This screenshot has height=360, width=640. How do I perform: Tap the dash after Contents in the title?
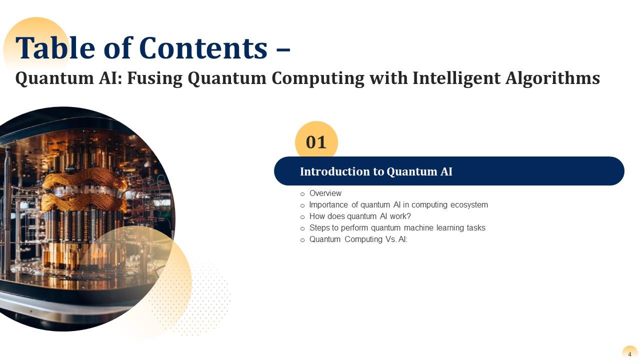(283, 49)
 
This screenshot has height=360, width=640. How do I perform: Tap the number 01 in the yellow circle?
(316, 142)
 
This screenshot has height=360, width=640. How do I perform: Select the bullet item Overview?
(325, 193)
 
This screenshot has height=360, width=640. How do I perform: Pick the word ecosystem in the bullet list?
(468, 205)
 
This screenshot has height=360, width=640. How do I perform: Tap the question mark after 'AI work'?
(408, 216)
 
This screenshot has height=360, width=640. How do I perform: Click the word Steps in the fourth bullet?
(319, 228)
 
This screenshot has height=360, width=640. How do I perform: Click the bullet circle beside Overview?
(302, 194)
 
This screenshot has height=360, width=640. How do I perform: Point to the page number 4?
(629, 354)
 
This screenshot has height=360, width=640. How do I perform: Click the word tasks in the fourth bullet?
(475, 228)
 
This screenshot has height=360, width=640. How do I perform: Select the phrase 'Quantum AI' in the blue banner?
(419, 171)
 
